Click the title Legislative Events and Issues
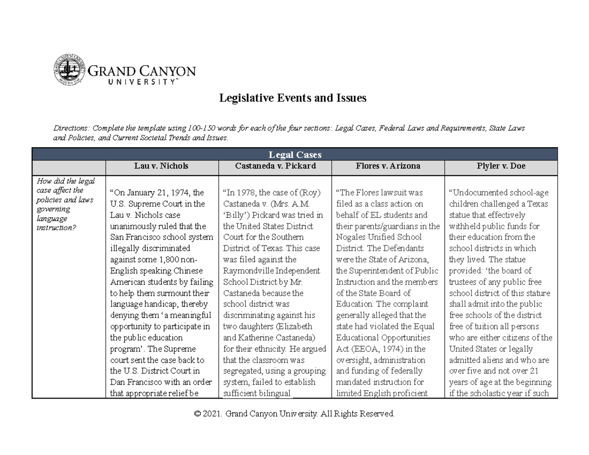(293, 98)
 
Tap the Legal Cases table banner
(294, 155)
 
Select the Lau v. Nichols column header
(161, 166)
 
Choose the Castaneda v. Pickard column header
(274, 166)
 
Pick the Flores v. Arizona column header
(388, 166)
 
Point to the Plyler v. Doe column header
(501, 166)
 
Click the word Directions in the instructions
(69, 129)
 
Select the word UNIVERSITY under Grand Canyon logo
(140, 82)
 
